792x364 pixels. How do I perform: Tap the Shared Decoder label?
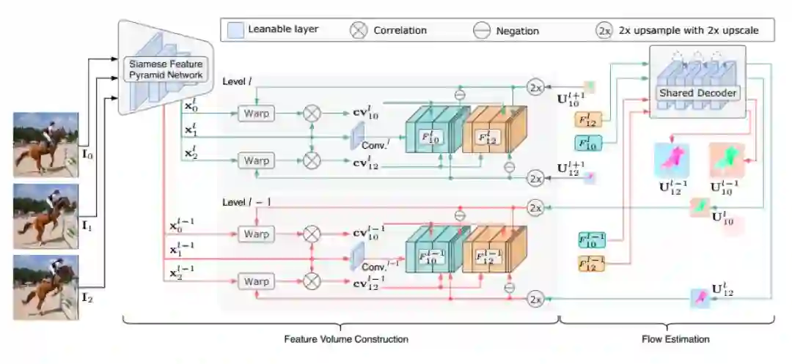point(697,93)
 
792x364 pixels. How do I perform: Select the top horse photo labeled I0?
point(45,145)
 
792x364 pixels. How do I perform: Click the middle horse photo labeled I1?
point(45,215)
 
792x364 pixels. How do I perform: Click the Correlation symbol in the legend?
point(357,31)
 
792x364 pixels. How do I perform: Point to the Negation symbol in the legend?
point(482,31)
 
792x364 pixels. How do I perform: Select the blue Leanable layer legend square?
point(235,31)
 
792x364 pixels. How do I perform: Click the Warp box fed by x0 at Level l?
point(256,114)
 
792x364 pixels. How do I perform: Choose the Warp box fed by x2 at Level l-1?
point(256,281)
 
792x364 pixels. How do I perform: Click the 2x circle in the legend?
point(604,31)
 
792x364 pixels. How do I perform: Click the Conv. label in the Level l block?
point(373,145)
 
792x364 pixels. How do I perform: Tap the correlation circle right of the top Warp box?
point(312,114)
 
